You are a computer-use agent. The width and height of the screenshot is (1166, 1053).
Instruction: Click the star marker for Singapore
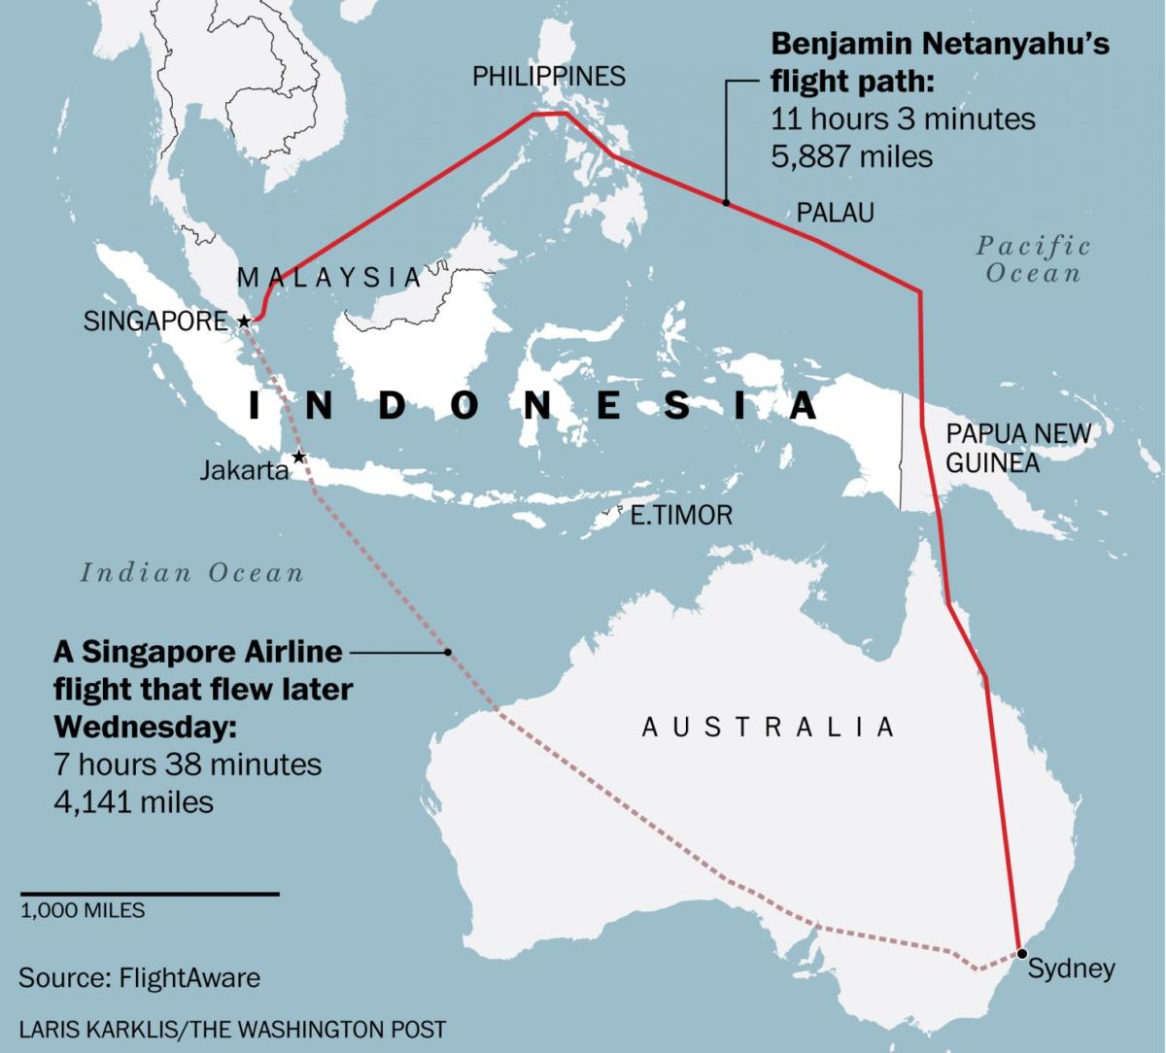[244, 321]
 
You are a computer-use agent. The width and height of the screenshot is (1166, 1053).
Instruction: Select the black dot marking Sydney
[1021, 953]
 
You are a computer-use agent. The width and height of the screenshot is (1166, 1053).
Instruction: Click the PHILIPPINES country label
[549, 77]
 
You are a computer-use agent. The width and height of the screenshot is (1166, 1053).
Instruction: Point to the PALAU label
[835, 213]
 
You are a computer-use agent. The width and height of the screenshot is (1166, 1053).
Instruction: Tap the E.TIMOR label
[681, 515]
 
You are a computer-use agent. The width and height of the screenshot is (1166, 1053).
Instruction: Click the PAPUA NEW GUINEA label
[1017, 448]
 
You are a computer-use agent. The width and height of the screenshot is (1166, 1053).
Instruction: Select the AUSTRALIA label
[768, 727]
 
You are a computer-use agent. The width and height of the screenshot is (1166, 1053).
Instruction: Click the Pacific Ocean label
[1033, 258]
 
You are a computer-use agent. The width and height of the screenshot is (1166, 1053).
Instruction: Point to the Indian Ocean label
[192, 572]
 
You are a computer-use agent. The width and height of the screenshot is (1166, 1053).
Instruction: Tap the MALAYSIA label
[329, 277]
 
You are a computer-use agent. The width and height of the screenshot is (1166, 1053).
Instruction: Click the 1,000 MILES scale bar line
[150, 893]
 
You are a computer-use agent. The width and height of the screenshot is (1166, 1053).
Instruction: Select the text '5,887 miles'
[851, 155]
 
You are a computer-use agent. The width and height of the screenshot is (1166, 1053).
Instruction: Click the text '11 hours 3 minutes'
[903, 119]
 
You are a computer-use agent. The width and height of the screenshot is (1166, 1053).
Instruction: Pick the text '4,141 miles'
[133, 800]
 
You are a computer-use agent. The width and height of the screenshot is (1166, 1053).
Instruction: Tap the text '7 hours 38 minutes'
[187, 764]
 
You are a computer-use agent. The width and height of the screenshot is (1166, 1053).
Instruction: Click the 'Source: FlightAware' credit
[139, 976]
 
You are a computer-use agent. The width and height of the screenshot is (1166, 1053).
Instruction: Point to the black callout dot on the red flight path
[726, 203]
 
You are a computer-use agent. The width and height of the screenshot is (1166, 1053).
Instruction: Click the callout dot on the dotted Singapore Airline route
[448, 653]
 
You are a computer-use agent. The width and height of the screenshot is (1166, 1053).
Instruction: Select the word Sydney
[1071, 968]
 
